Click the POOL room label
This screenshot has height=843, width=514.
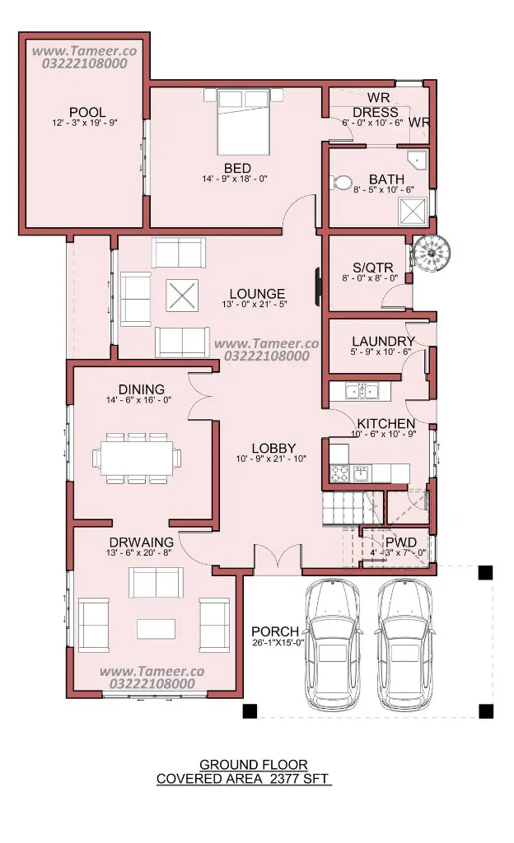87,112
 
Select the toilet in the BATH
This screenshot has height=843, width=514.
340,182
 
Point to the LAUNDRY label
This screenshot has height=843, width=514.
383,342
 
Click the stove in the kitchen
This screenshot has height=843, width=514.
339,473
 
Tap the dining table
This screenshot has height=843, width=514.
137,458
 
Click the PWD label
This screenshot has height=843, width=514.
401,543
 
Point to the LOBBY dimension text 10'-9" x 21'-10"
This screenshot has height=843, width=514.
271,459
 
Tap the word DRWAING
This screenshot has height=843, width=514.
142,542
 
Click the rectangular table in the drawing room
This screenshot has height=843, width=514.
156,629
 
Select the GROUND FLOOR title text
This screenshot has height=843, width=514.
253,765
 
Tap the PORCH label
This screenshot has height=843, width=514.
275,631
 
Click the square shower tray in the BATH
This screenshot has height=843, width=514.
413,210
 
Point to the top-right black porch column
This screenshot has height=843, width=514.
485,572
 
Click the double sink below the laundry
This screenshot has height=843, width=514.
362,391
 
